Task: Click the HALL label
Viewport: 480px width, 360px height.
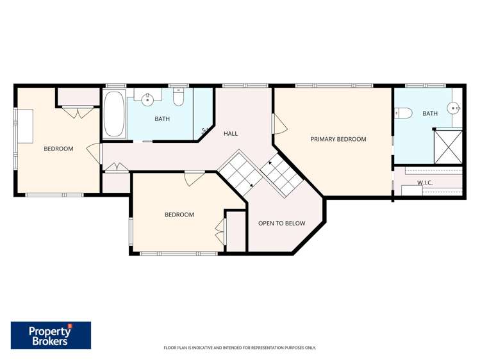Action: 231,133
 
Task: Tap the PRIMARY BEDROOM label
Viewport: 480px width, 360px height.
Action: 338,139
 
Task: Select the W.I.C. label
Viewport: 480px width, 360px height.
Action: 425,183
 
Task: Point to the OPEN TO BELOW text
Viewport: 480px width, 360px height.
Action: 281,223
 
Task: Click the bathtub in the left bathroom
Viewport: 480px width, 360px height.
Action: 114,114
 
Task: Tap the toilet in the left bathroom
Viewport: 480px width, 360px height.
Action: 179,97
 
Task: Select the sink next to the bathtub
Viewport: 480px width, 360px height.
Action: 148,99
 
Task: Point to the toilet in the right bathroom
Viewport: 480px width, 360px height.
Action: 402,113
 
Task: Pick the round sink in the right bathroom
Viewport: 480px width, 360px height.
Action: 455,108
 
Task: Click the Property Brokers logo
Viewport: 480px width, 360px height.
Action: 51,335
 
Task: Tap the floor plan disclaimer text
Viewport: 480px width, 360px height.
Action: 240,348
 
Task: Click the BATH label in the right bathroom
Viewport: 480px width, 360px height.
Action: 429,113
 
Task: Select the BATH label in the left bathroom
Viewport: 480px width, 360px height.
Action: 162,119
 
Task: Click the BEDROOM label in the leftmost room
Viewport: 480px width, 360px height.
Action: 58,149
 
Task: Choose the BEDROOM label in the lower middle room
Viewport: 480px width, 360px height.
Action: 179,215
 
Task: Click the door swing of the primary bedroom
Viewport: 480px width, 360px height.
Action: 278,124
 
